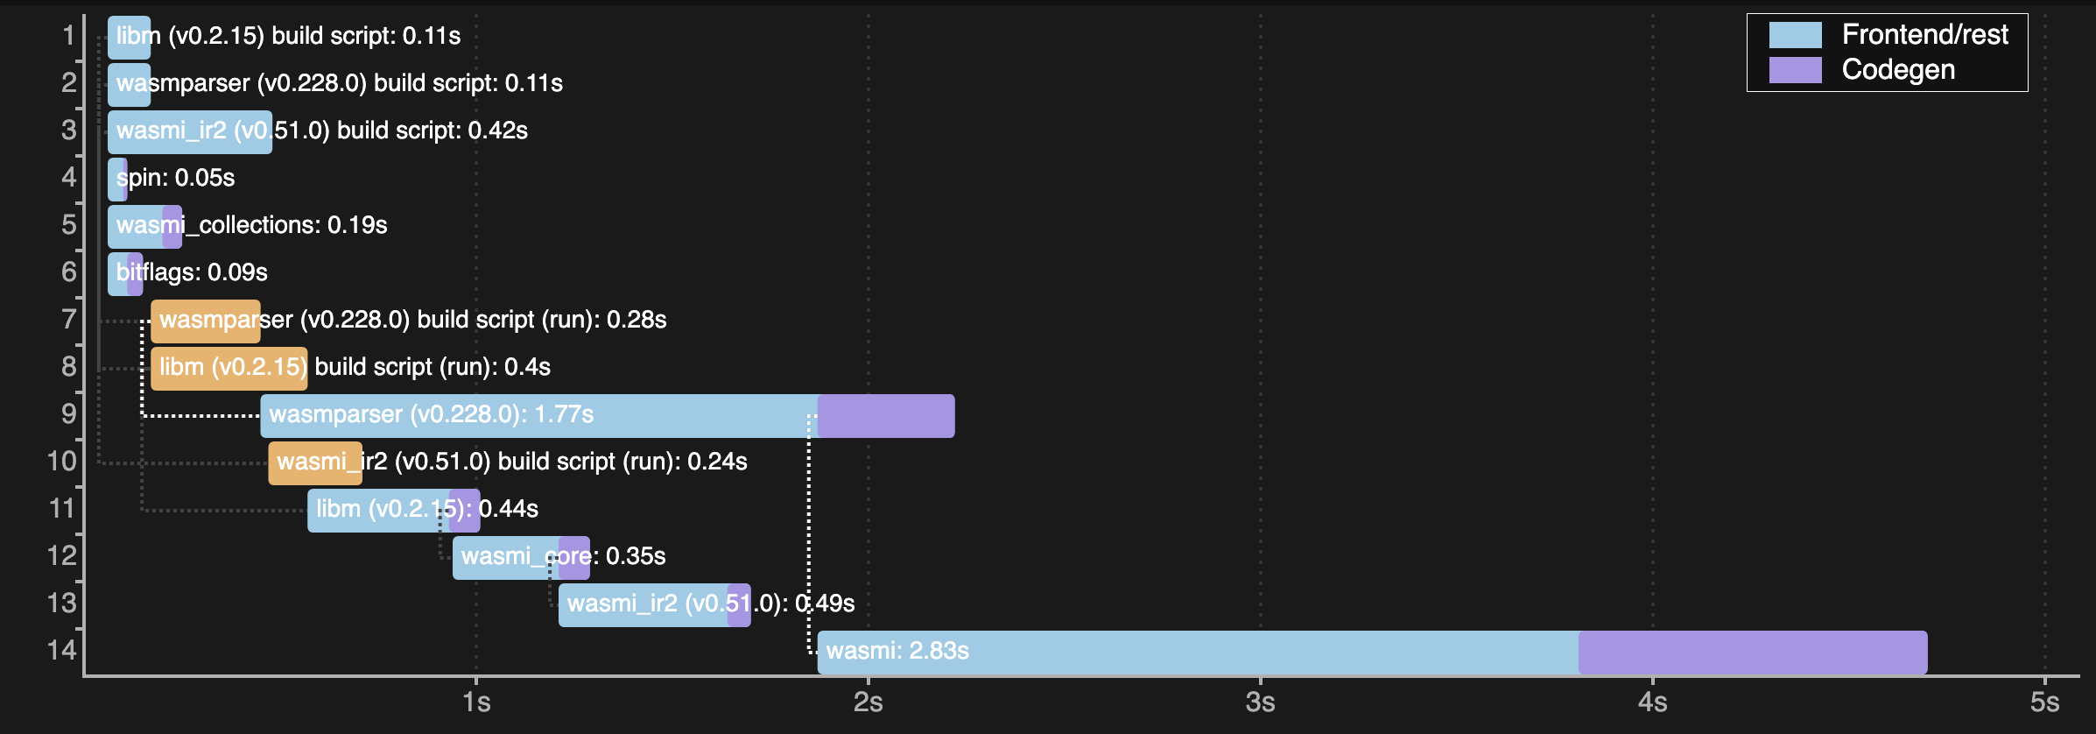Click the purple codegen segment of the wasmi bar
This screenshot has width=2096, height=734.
1752,652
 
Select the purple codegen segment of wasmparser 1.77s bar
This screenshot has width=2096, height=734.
885,415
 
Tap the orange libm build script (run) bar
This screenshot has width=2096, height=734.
229,368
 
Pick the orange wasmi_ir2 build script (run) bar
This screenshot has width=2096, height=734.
314,462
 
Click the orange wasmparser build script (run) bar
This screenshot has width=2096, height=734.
205,321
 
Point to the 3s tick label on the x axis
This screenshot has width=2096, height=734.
1260,702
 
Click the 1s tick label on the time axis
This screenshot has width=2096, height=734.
476,702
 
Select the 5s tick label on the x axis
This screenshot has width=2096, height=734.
2044,702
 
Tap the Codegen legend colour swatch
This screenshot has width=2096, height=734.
1795,70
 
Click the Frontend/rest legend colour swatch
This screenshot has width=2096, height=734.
1795,35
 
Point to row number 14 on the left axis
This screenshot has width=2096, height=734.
62,651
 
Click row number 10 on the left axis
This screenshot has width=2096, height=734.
62,462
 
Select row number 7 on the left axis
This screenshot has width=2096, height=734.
68,320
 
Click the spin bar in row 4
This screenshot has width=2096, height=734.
116,179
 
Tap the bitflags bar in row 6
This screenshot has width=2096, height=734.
124,273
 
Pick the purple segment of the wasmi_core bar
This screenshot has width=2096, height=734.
574,557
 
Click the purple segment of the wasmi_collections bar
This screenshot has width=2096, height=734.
172,226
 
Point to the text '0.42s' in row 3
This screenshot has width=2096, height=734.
497,131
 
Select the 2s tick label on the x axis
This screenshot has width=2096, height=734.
868,702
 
